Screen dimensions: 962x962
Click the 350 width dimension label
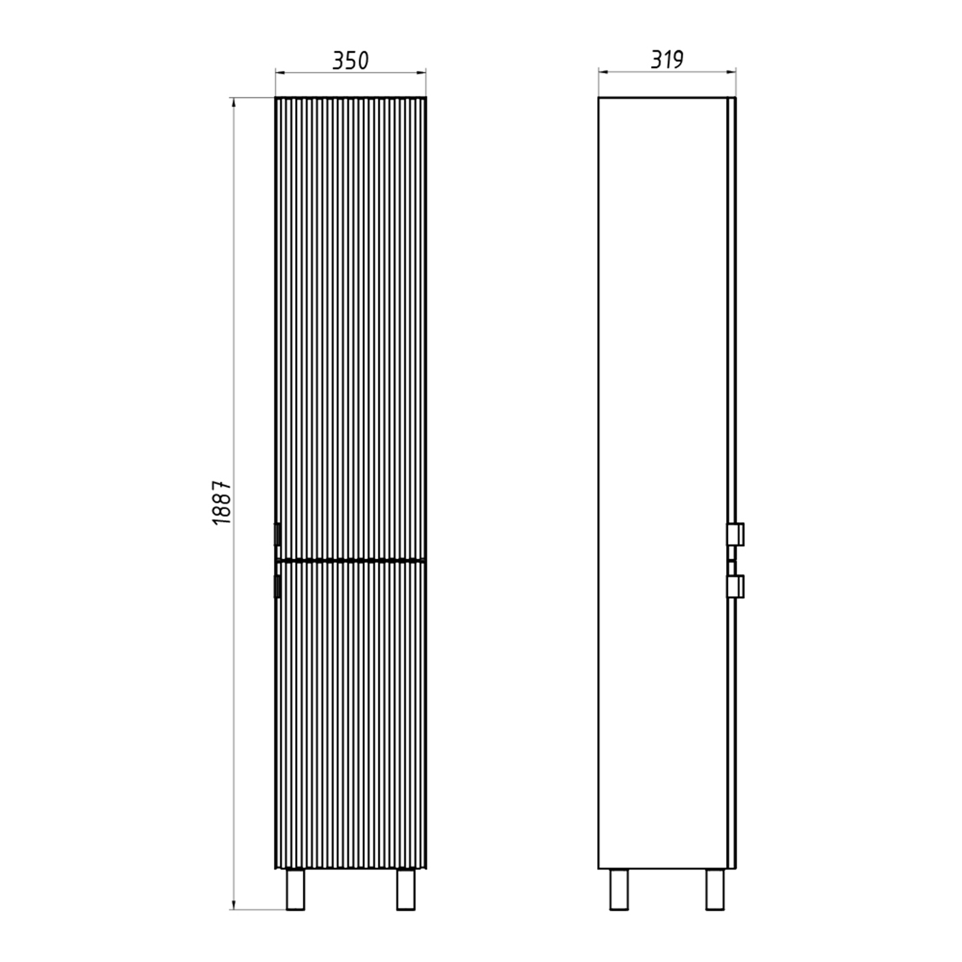[x=350, y=60]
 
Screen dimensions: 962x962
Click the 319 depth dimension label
[x=667, y=60]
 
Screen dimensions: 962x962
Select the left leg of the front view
[x=296, y=890]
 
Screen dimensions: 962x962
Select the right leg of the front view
[x=406, y=890]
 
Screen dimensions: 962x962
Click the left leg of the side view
[x=619, y=890]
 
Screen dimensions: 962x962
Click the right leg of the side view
[x=715, y=890]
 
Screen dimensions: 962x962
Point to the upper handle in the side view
[x=735, y=534]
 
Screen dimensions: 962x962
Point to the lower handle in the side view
[x=735, y=586]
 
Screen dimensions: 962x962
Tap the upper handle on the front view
[x=277, y=534]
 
